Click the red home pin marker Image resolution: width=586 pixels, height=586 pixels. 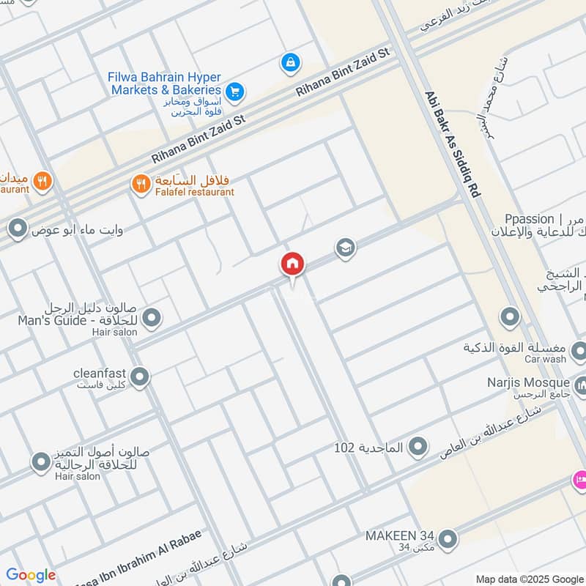click(x=293, y=264)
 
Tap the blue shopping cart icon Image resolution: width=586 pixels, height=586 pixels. click(x=234, y=92)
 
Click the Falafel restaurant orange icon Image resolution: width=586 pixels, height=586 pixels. click(x=141, y=184)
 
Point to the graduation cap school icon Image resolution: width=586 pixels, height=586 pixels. click(x=346, y=248)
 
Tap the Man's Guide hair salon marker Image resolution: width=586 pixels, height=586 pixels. click(x=152, y=318)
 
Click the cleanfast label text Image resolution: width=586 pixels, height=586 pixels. click(x=100, y=372)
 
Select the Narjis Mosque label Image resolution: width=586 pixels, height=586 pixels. click(x=529, y=383)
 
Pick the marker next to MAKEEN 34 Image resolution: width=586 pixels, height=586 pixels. click(x=448, y=541)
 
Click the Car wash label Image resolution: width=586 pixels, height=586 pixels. click(x=545, y=360)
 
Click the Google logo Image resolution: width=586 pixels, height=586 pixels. click(x=30, y=575)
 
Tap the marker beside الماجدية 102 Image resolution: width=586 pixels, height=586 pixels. click(x=418, y=445)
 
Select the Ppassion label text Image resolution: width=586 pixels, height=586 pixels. click(x=529, y=219)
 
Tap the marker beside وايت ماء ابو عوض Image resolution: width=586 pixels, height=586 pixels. click(x=16, y=230)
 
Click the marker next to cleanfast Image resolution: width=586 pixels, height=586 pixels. click(x=140, y=377)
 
